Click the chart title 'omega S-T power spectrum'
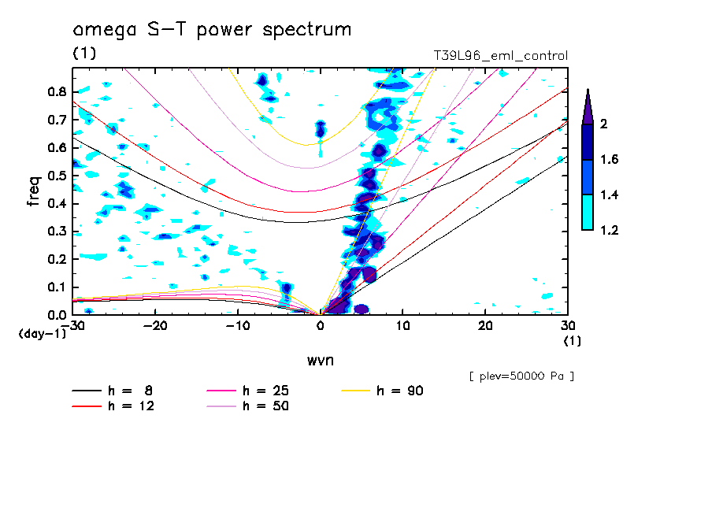coord(212,31)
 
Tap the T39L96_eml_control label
coord(501,56)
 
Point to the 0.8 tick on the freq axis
coord(55,91)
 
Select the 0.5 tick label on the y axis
coord(55,176)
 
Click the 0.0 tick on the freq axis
coord(55,315)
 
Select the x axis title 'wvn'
coord(320,360)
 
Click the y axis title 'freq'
coord(34,190)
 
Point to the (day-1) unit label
coord(41,334)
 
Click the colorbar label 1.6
coord(610,160)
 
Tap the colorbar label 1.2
coord(610,231)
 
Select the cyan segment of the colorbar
coord(588,213)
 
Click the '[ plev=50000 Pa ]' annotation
coord(521,376)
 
